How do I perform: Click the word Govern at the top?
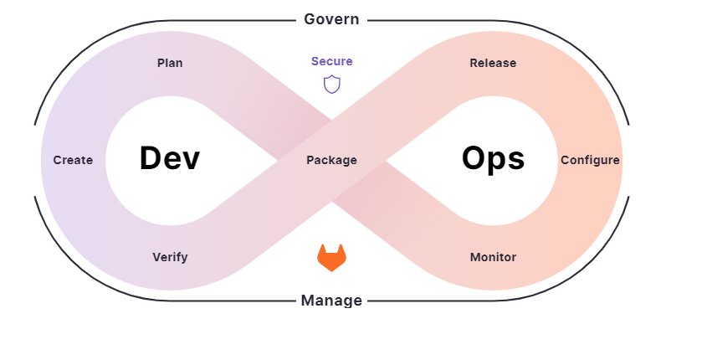[x=331, y=18]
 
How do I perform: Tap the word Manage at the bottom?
[x=331, y=300]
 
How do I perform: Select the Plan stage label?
[x=170, y=63]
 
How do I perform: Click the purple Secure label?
[x=332, y=61]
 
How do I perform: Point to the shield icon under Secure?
[x=332, y=84]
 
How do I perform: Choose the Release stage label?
[x=493, y=63]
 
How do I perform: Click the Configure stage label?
[x=590, y=160]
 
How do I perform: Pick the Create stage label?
[x=73, y=160]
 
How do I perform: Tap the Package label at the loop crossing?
[x=331, y=160]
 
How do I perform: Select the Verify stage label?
[x=170, y=257]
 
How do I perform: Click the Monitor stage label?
[x=493, y=257]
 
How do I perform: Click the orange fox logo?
[x=331, y=257]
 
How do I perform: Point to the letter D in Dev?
[x=151, y=158]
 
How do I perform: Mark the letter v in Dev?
[x=192, y=161]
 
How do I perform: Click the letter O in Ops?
[x=476, y=158]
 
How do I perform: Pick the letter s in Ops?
[x=517, y=161]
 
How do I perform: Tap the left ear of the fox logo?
[x=321, y=249]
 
